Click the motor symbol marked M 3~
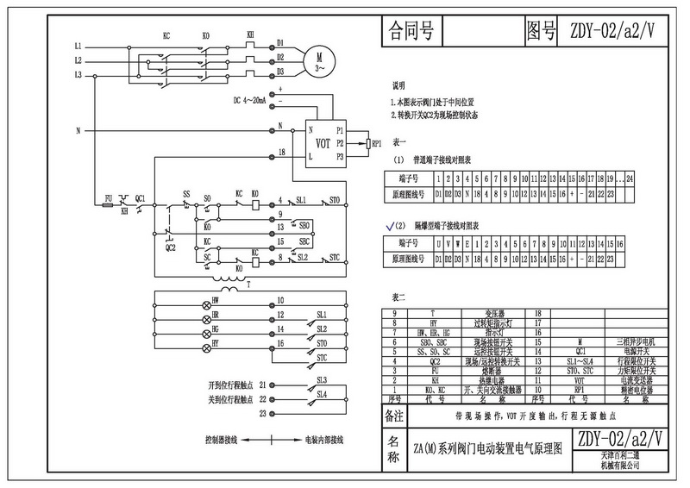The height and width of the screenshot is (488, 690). click(x=319, y=58)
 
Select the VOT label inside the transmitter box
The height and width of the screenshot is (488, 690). click(x=323, y=141)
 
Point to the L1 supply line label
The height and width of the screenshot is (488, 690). click(x=77, y=44)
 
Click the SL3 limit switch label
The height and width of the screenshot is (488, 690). click(x=322, y=379)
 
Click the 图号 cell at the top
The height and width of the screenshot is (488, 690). click(x=542, y=34)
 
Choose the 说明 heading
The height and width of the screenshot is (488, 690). click(x=398, y=87)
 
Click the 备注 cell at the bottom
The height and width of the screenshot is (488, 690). click(x=393, y=416)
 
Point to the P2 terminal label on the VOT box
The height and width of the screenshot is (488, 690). click(x=340, y=142)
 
